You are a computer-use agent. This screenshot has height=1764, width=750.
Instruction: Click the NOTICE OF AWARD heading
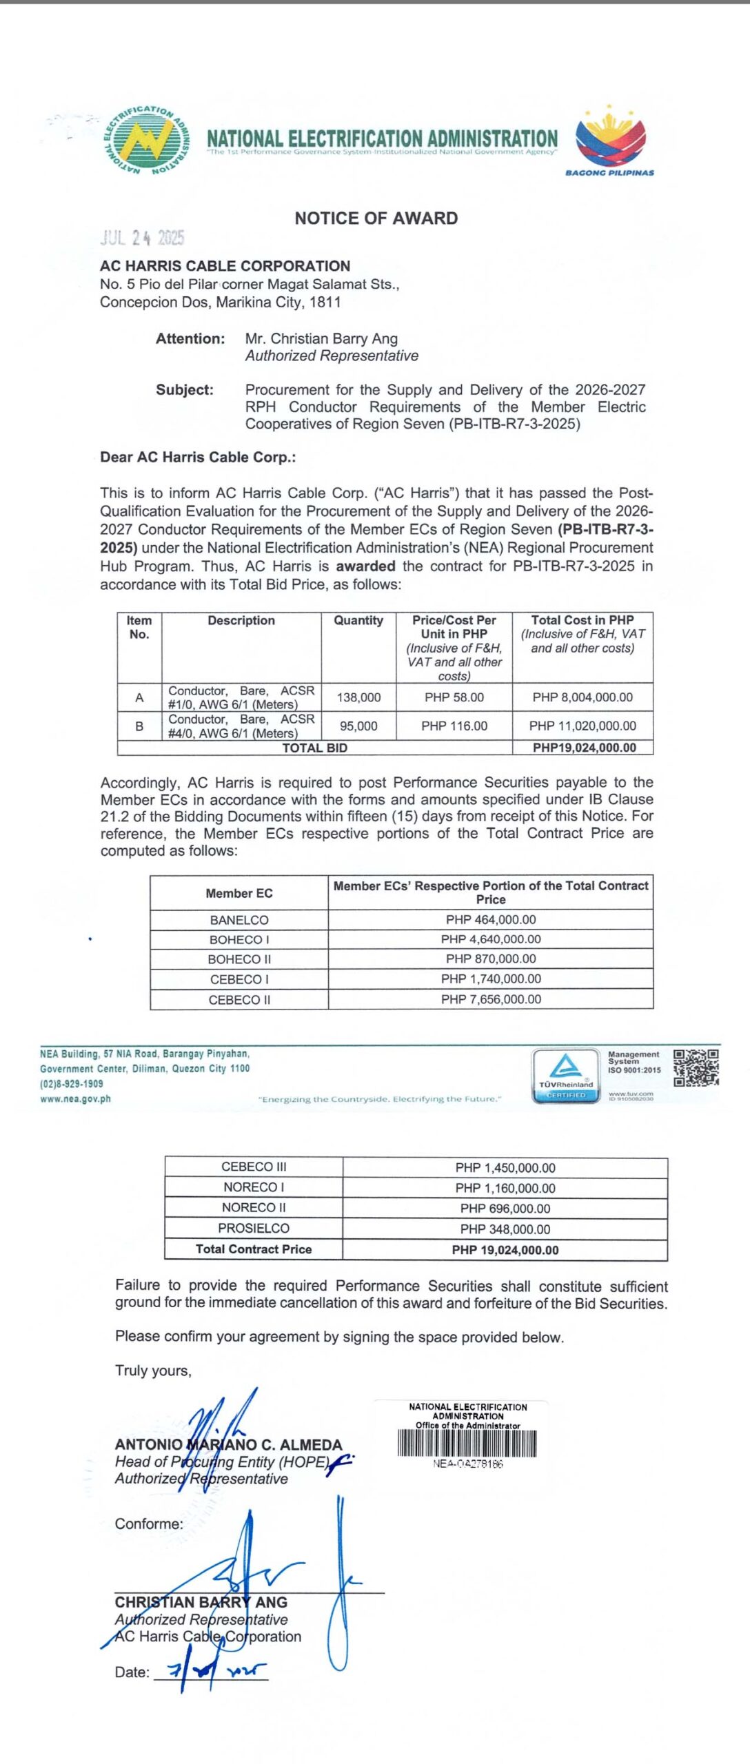click(376, 218)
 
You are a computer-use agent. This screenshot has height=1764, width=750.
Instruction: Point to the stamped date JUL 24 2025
click(143, 238)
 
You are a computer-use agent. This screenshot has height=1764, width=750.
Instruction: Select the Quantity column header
click(358, 621)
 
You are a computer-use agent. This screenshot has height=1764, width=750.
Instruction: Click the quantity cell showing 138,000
click(358, 697)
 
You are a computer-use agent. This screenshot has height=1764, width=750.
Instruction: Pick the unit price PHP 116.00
click(454, 726)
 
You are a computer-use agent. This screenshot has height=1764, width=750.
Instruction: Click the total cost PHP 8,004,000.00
click(582, 697)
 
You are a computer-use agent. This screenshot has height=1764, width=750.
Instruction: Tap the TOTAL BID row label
click(314, 748)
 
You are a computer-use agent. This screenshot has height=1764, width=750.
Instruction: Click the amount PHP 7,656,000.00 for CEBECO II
click(491, 999)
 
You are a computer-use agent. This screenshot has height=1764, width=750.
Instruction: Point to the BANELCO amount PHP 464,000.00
click(491, 920)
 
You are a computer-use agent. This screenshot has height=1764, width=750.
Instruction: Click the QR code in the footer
click(696, 1067)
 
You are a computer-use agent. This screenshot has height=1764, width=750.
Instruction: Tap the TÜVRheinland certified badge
click(566, 1076)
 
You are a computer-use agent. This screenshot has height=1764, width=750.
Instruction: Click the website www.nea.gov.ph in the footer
click(75, 1099)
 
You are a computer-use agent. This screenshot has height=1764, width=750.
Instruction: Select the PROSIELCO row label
click(254, 1229)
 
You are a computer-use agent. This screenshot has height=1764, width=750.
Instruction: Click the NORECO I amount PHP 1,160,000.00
click(505, 1189)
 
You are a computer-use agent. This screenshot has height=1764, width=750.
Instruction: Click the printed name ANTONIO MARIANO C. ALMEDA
click(228, 1445)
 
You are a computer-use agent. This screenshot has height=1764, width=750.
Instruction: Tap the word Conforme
click(149, 1524)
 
